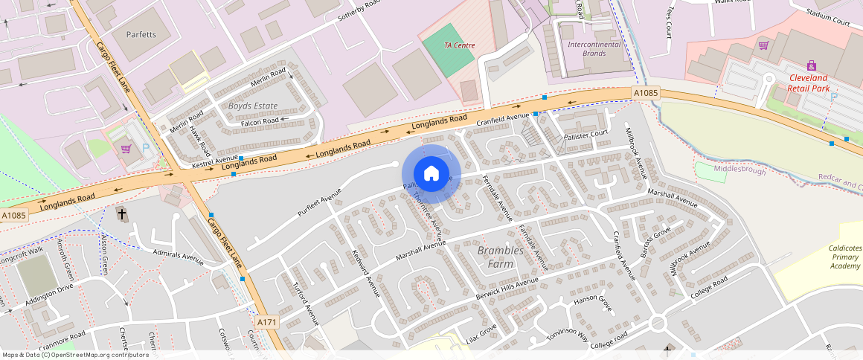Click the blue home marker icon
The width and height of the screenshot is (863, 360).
pos(431,174)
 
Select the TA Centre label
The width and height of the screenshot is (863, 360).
pos(459,45)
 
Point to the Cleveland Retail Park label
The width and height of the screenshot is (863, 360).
pos(809,83)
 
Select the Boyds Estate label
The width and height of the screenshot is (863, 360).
pos(252,106)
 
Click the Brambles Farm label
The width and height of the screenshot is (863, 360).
pos(500,257)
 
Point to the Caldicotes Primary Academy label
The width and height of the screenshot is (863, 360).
pos(845,257)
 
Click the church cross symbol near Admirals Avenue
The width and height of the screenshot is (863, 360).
pos(122,214)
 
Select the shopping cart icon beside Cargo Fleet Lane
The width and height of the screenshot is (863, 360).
pos(126,148)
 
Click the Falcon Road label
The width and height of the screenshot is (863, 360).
pos(260,120)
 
